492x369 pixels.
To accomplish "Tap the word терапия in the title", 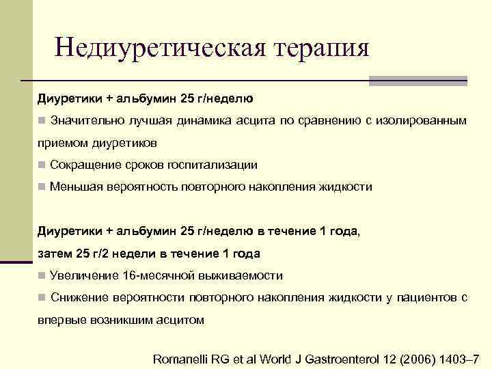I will point(323,49).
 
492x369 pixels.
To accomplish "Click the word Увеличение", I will point(84,275).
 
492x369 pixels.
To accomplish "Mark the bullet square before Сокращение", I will point(42,165).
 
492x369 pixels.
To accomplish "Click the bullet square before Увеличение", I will point(42,275).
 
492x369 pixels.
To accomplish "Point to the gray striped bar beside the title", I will point(418,81).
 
